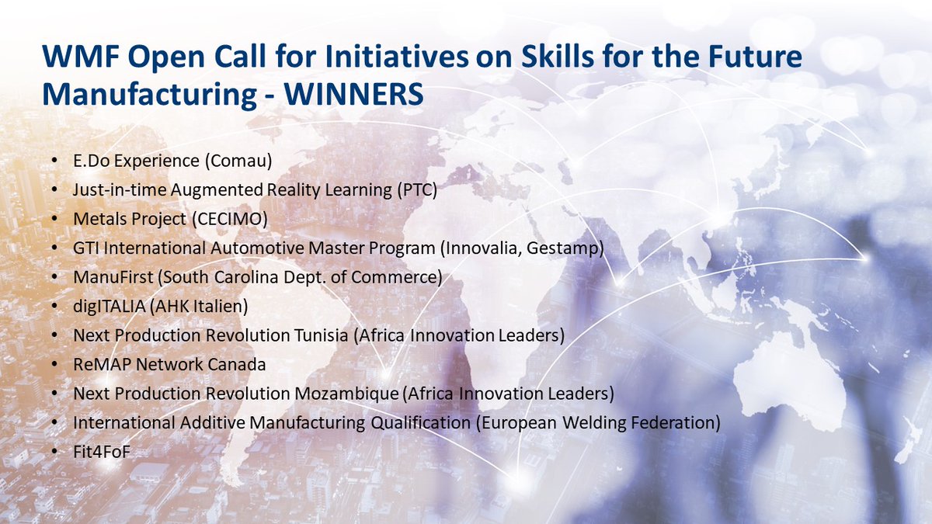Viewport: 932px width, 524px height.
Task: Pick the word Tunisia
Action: [318, 336]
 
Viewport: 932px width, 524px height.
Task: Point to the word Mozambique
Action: [349, 394]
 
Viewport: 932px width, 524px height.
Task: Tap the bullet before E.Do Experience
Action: [54, 161]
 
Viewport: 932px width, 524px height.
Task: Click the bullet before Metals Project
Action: [54, 220]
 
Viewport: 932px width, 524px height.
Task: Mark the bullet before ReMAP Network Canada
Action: [54, 365]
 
